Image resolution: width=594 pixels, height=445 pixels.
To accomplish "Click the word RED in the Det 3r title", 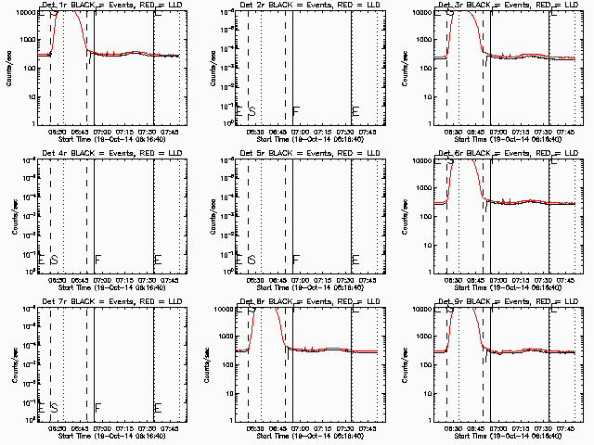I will (x=532, y=6).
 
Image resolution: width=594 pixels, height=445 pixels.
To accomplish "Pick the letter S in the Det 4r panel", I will (x=54, y=260).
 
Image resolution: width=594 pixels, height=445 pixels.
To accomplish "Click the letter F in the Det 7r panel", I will (x=97, y=408).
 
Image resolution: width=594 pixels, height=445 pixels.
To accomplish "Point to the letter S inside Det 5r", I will (x=252, y=260).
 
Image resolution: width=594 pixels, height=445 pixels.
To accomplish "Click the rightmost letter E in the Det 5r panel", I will (x=356, y=260).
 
